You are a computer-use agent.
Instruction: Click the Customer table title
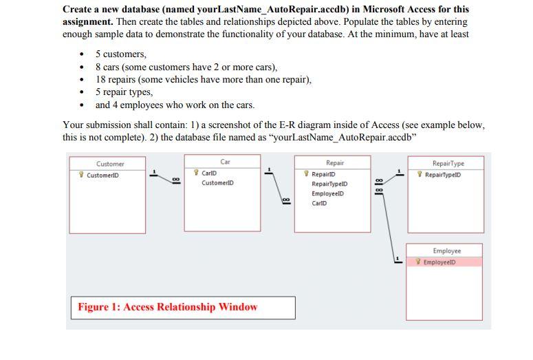coord(110,164)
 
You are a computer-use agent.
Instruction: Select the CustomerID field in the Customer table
coord(102,175)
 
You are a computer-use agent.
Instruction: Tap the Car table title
coord(225,162)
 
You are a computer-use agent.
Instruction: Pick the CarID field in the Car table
coord(209,173)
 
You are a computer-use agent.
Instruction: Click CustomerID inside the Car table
coord(217,183)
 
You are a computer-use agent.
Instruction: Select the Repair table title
coord(335,163)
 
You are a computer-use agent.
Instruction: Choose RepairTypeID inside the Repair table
coord(329,184)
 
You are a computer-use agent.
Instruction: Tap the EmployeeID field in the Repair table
coord(327,193)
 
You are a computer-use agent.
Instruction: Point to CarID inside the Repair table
coord(319,203)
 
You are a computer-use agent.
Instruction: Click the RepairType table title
coord(448,164)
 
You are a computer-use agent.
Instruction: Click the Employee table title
coord(446,251)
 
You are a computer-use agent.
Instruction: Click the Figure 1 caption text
coord(167,307)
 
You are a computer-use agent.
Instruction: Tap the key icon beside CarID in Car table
coord(197,173)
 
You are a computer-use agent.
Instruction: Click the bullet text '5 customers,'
coord(121,54)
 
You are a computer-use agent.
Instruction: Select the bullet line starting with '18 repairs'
coord(203,79)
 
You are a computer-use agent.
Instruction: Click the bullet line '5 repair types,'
coord(124,92)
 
